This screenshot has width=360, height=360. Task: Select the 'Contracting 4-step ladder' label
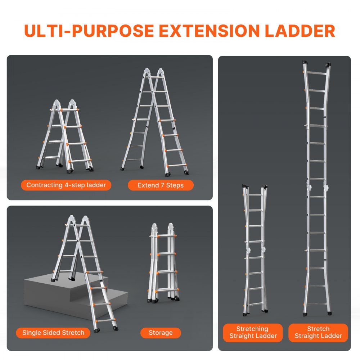click(66, 185)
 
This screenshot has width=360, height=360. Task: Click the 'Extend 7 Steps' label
click(161, 185)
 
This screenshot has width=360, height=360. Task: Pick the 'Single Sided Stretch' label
click(53, 333)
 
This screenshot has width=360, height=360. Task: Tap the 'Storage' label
click(161, 333)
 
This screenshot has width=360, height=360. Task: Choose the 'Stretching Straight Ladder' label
click(253, 332)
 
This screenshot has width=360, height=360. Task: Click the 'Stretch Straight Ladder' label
click(318, 332)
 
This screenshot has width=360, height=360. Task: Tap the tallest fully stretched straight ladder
click(317, 187)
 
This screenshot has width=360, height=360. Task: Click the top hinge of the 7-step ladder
click(151, 72)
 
